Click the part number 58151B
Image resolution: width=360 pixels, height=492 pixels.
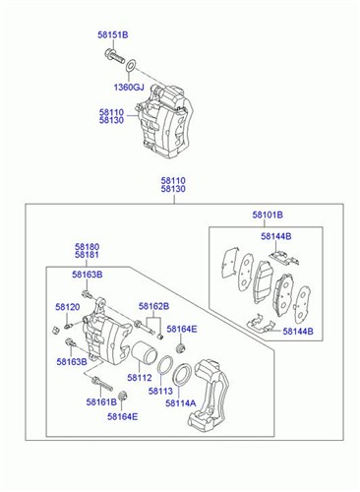pos(113,34)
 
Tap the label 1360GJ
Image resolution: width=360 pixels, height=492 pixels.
pos(129,88)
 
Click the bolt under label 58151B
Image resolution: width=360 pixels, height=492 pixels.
pos(114,57)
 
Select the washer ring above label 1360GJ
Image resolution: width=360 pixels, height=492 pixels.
pos(131,65)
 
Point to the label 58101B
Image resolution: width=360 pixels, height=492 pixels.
pos(268,215)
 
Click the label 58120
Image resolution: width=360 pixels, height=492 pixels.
pos(68,307)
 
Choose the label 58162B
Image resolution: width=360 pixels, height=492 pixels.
pos(153,306)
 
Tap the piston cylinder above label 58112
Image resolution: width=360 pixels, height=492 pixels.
pos(145,353)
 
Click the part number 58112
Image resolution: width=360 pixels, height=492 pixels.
pos(140,378)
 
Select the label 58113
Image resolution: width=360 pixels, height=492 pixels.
pos(160,391)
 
